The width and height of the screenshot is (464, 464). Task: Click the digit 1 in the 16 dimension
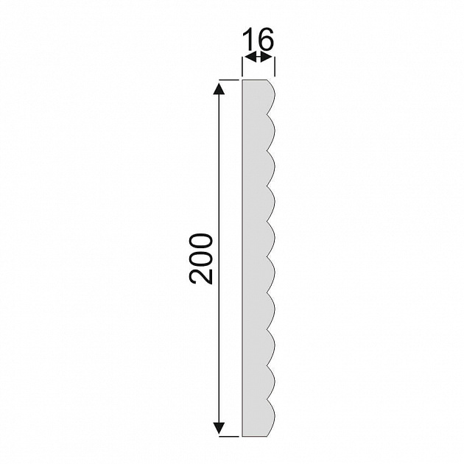pyautogui.click(x=249, y=39)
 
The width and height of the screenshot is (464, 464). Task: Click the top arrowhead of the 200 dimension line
pyautogui.click(x=219, y=89)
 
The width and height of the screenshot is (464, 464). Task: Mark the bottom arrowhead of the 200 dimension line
pyautogui.click(x=219, y=429)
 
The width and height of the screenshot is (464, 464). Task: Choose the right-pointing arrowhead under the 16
pyautogui.click(x=265, y=57)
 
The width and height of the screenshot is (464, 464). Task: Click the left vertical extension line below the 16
pyautogui.click(x=242, y=67)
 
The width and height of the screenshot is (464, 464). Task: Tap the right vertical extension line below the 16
pyautogui.click(x=275, y=67)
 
